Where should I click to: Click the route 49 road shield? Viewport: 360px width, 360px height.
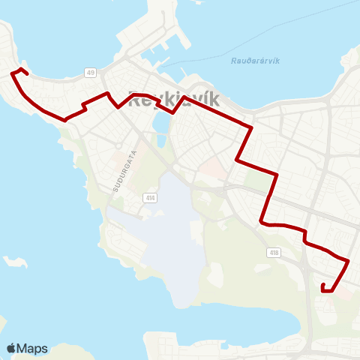point(91,72)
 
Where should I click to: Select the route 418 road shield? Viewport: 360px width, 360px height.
point(274,253)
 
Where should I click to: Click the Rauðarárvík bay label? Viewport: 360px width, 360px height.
point(256,61)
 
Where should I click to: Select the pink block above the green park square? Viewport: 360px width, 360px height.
point(214,169)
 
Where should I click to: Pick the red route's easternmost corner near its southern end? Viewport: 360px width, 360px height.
point(349,260)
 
